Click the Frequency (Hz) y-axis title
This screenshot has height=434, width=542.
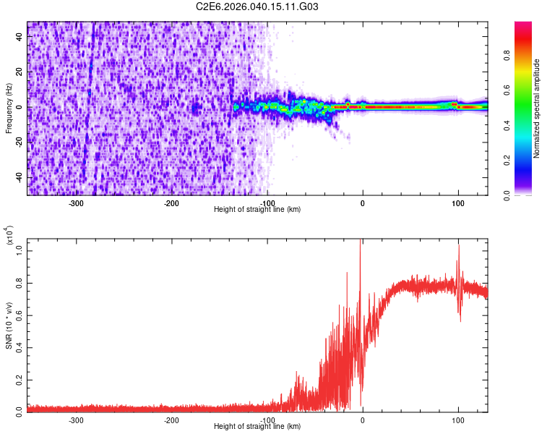[x=9, y=108]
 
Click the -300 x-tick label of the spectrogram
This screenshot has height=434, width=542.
[x=77, y=203]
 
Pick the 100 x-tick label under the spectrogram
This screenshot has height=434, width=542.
[x=457, y=203]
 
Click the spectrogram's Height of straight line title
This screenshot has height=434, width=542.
[x=257, y=210]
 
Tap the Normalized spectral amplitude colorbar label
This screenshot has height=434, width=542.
[x=537, y=109]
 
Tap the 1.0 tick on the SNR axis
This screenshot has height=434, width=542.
[x=20, y=251]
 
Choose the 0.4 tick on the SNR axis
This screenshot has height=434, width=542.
[x=20, y=346]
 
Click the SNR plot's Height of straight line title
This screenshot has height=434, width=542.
[x=257, y=427]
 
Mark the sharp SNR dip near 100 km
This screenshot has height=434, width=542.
[x=460, y=318]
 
